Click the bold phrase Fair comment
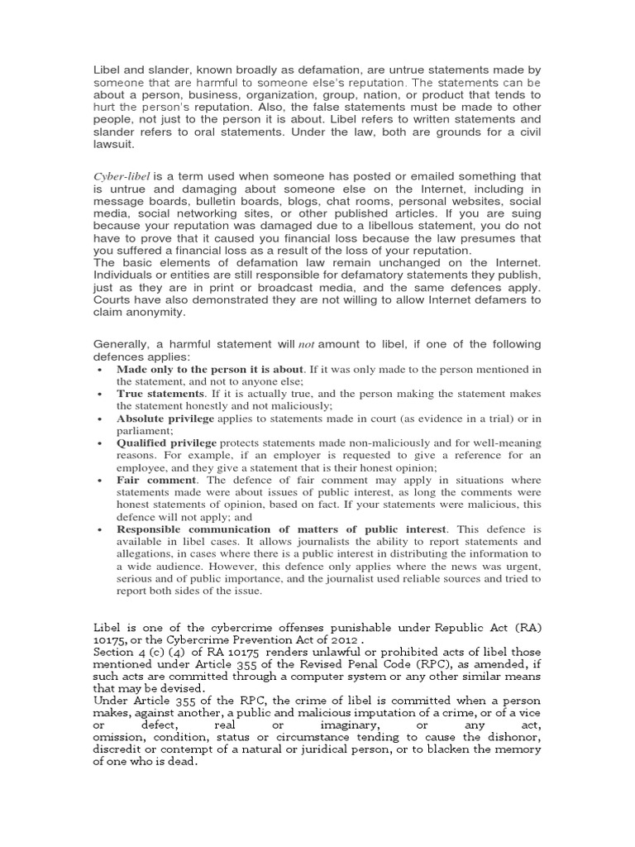point(156,480)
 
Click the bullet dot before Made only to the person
point(100,369)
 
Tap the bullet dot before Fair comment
point(100,480)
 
